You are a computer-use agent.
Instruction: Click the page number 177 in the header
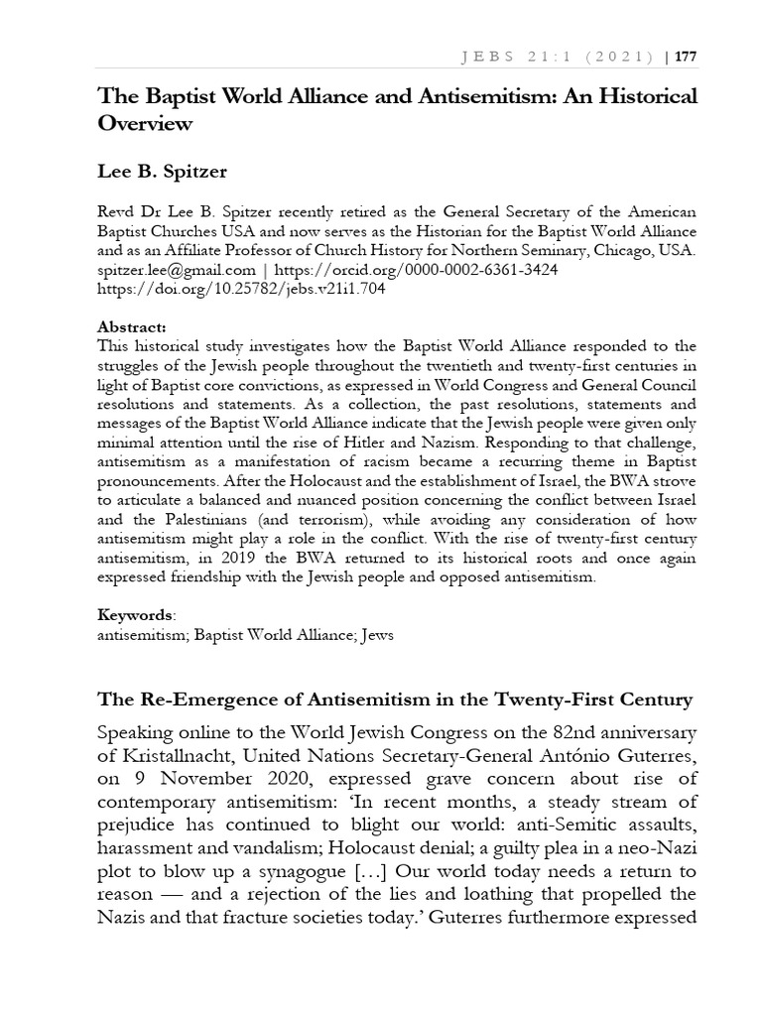(686, 58)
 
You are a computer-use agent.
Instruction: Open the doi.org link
(241, 290)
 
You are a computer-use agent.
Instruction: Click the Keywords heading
(134, 615)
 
